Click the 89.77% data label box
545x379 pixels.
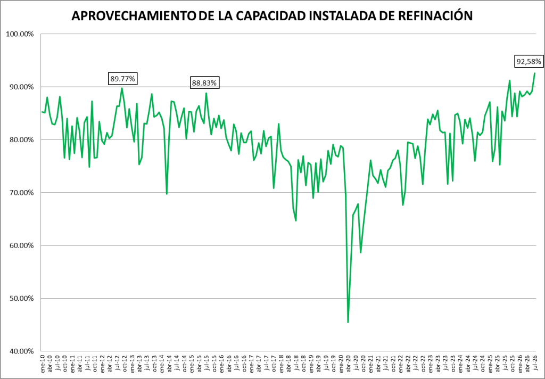[122, 79]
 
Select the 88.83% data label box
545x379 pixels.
[204, 83]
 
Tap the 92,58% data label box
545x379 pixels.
[529, 62]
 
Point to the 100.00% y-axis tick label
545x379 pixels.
[20, 34]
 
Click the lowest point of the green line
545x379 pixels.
[348, 323]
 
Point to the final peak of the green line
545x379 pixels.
[534, 73]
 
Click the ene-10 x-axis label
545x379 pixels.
[43, 364]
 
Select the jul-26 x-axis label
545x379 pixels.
[534, 364]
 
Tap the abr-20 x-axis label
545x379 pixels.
[348, 364]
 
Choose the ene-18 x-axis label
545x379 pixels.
[281, 364]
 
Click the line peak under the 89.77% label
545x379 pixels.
[122, 88]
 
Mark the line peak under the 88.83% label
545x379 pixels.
[206, 93]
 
